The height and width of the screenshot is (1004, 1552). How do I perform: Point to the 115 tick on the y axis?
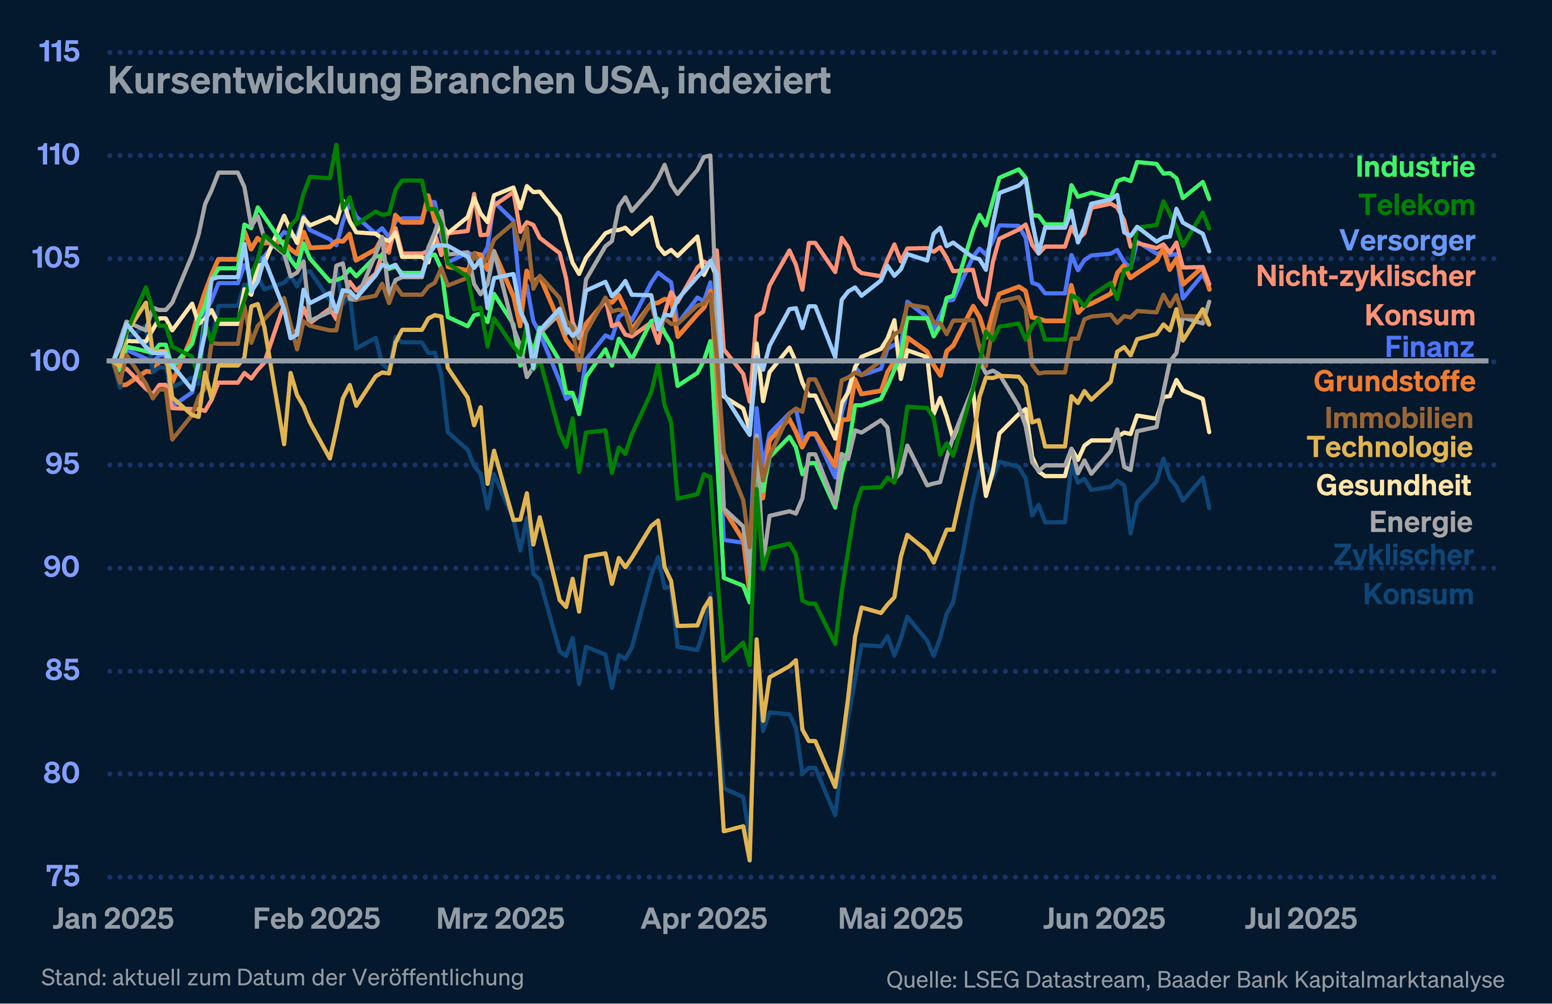[x=59, y=52]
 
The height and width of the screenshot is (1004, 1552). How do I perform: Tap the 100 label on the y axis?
[x=55, y=361]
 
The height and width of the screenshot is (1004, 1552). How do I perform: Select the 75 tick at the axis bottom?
[x=63, y=877]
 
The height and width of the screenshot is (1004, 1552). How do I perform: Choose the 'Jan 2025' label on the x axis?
[x=114, y=919]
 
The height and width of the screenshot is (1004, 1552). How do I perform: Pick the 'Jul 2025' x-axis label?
[x=1301, y=919]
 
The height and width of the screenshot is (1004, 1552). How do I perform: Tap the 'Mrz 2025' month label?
[x=500, y=919]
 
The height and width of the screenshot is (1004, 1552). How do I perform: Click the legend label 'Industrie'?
[x=1415, y=167]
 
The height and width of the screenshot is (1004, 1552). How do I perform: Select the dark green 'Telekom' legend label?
[x=1417, y=205]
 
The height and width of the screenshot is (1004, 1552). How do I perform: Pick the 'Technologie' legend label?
[x=1390, y=448]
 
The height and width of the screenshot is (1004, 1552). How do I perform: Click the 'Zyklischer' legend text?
[x=1403, y=556]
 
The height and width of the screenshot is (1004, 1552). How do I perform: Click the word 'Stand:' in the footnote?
[x=73, y=978]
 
